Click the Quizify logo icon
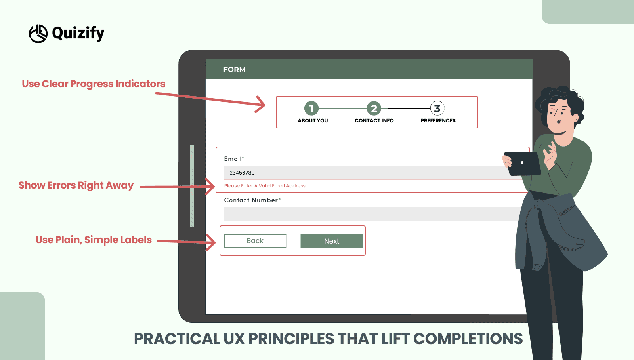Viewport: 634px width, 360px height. tap(38, 34)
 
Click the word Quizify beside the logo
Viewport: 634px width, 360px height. tap(78, 33)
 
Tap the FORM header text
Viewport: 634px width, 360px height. tap(234, 70)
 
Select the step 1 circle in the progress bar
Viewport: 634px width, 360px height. tap(311, 108)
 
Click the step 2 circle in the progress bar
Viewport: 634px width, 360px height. tap(374, 108)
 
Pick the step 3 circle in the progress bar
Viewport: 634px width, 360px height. tap(437, 108)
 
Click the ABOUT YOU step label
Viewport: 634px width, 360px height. tap(313, 121)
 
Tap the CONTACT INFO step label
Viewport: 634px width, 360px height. tap(374, 121)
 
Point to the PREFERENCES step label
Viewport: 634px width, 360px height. tap(438, 121)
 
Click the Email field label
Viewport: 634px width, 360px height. tap(233, 159)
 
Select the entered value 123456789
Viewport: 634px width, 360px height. tap(241, 173)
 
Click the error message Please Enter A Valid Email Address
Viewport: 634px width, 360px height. tap(265, 186)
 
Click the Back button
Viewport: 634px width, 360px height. tap(255, 241)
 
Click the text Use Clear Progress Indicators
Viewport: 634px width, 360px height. tap(94, 84)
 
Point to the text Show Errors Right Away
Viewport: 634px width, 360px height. tap(76, 185)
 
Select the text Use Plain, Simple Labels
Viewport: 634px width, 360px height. tap(94, 240)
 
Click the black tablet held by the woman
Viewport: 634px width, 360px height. tap(523, 163)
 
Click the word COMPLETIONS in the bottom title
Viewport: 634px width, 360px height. tap(468, 339)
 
